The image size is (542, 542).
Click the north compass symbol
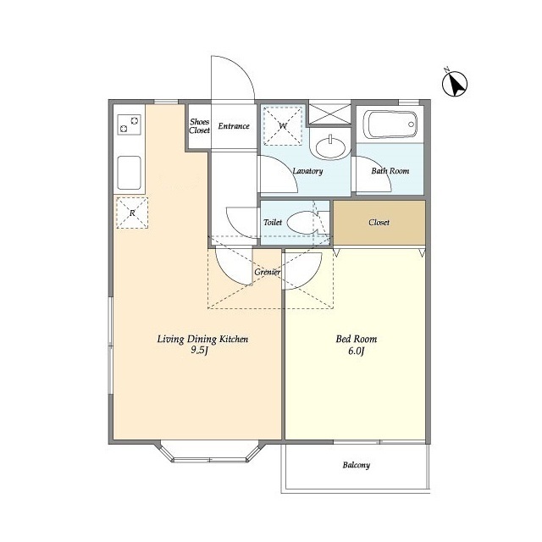tap(455, 83)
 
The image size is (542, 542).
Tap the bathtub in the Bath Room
tap(390, 124)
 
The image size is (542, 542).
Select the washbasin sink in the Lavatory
tap(330, 147)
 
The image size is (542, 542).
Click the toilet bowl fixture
tap(302, 223)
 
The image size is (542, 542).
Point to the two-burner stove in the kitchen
tap(129, 124)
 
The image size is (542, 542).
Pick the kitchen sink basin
tap(129, 173)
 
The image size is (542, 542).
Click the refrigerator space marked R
tap(132, 213)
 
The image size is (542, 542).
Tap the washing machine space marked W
tap(283, 126)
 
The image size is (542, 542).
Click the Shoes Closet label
tap(200, 126)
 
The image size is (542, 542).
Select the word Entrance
tap(234, 126)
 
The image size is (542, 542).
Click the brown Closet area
tap(379, 223)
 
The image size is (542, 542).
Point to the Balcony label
tap(357, 465)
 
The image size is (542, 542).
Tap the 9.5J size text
tap(200, 351)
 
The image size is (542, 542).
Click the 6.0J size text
tap(357, 351)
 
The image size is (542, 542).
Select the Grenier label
tap(268, 273)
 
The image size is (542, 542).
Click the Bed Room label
tap(357, 339)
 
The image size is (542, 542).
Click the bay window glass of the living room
tap(209, 460)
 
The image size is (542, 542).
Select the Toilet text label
tap(273, 222)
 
